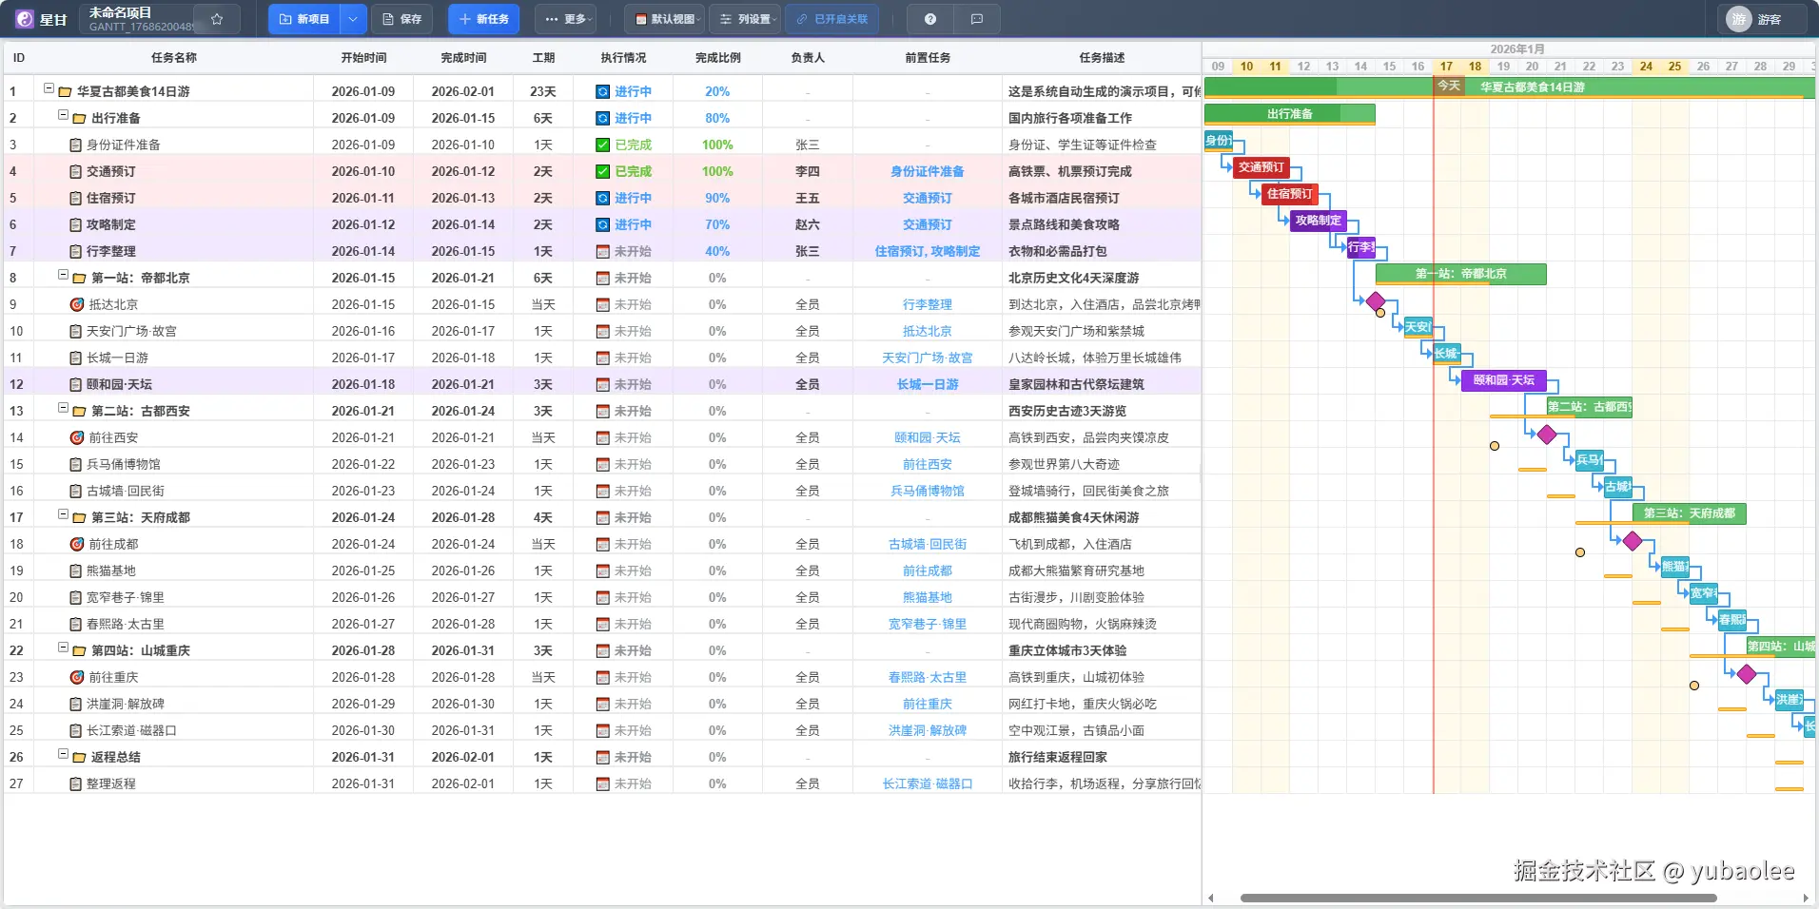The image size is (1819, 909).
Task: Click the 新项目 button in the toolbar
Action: click(304, 19)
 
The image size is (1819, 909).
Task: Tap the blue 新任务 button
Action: click(483, 19)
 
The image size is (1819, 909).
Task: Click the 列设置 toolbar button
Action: click(745, 19)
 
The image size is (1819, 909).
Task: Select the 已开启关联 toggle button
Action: click(832, 19)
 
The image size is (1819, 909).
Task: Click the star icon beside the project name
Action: click(217, 19)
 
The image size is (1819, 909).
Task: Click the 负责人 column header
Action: click(807, 58)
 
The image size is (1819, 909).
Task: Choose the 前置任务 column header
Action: click(927, 58)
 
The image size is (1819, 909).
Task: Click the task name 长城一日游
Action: click(117, 358)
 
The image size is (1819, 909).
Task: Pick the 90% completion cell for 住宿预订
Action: click(717, 199)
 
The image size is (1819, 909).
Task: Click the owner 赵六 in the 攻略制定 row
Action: click(807, 225)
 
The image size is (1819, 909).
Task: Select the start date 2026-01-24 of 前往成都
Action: click(362, 545)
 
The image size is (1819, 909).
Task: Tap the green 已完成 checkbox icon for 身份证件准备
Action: click(602, 145)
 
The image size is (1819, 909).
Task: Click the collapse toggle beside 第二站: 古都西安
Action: click(64, 409)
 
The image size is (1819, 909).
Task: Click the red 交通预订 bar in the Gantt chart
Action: click(1261, 168)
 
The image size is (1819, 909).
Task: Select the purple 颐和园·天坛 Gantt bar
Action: click(1503, 380)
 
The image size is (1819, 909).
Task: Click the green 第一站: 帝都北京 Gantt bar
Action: click(1460, 274)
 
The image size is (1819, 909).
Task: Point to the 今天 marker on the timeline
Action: click(1448, 86)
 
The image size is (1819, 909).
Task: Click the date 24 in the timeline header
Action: click(1646, 67)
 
